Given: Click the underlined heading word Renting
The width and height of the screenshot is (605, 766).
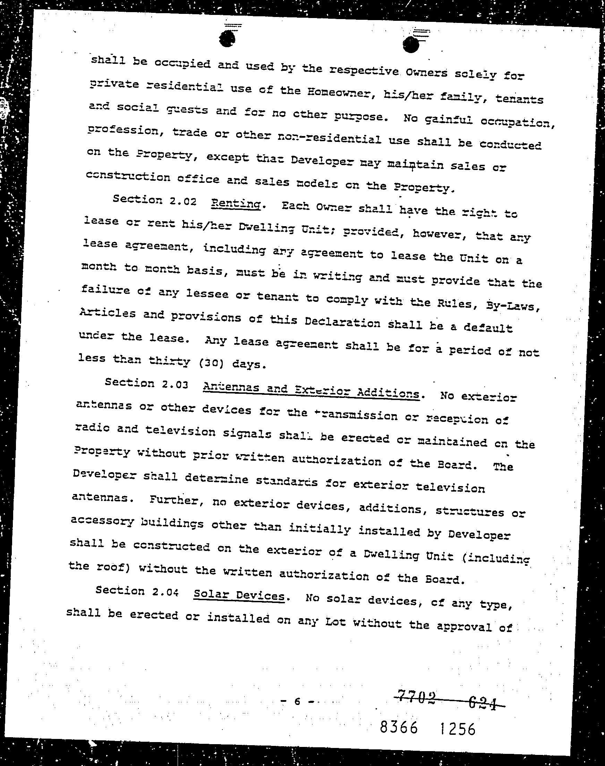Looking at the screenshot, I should click(236, 204).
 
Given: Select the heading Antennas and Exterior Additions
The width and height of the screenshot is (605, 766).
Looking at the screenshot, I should click(311, 391).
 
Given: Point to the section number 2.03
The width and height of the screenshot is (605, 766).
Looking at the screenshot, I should click(174, 384).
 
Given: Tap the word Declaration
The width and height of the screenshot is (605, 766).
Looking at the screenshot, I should click(342, 322).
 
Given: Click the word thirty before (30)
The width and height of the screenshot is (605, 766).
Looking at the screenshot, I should click(169, 361).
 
